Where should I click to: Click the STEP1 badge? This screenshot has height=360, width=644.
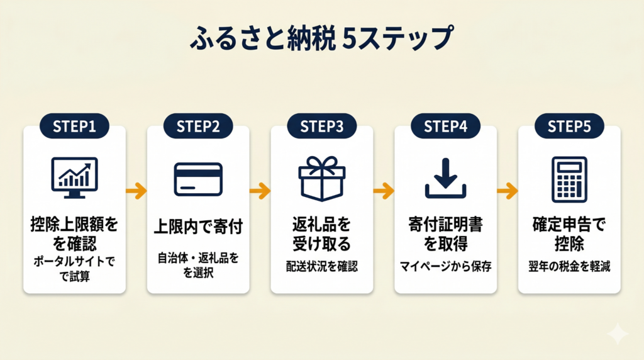click(74, 126)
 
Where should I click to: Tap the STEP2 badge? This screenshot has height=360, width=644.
click(198, 126)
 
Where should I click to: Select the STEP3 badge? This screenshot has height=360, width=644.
click(321, 126)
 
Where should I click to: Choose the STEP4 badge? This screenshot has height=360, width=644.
click(445, 126)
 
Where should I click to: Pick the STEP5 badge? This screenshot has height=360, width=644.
click(569, 126)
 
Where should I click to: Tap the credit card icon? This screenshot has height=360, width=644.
click(198, 179)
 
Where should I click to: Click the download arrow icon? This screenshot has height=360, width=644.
click(445, 178)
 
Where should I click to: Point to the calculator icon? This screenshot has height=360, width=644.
click(569, 179)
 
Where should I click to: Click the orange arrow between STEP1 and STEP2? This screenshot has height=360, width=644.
click(136, 189)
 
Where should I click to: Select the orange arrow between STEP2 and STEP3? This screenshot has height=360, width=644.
click(260, 189)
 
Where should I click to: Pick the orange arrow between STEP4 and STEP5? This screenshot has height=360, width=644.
click(507, 189)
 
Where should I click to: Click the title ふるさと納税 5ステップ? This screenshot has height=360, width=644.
click(321, 39)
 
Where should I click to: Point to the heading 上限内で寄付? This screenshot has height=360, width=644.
click(198, 226)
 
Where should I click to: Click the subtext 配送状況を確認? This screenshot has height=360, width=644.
click(321, 266)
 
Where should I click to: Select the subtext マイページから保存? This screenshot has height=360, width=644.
click(445, 266)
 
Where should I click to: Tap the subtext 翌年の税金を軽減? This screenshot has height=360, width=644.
click(569, 266)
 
